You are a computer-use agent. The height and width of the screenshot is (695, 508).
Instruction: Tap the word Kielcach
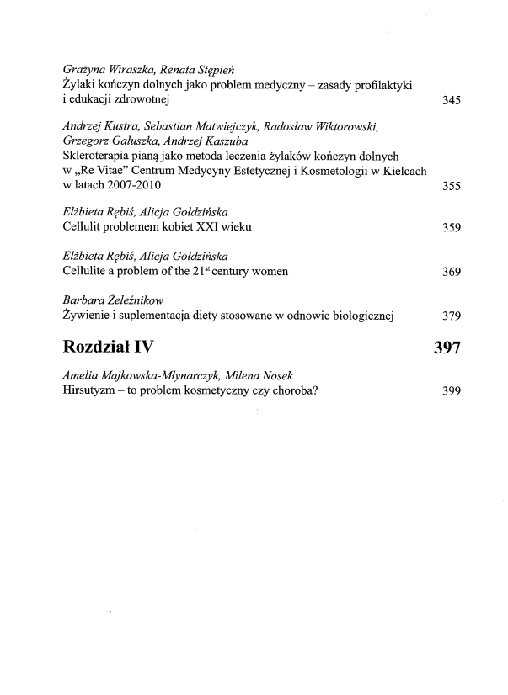click(x=404, y=171)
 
